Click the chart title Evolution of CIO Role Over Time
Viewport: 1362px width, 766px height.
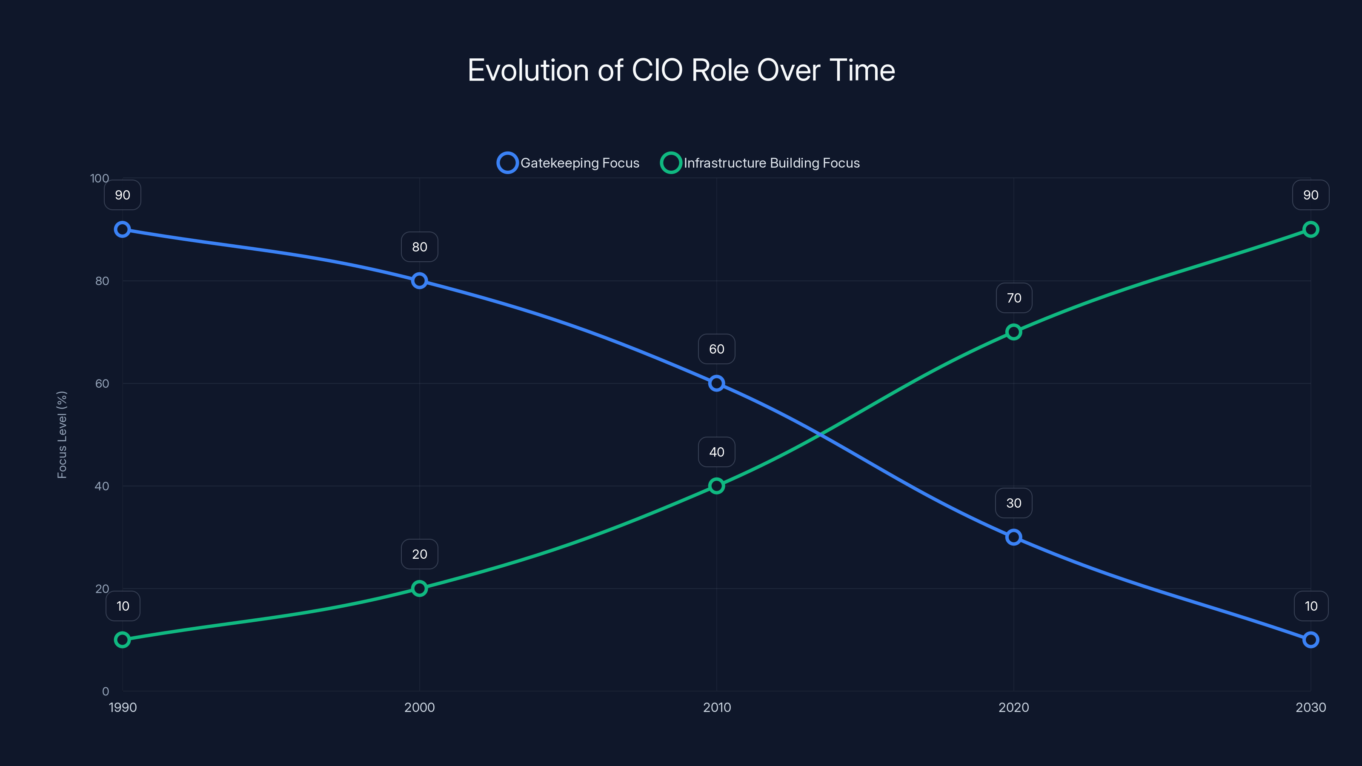pos(681,70)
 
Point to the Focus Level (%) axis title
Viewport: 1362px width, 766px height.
pos(63,434)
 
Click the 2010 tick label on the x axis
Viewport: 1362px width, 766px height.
pos(716,707)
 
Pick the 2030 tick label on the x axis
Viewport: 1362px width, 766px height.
pos(1310,707)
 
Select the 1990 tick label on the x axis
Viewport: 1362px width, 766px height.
pos(123,707)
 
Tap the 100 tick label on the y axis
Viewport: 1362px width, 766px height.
pos(100,178)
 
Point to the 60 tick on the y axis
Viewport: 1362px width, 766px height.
pos(102,383)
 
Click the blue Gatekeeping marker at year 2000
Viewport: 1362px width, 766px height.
pos(419,281)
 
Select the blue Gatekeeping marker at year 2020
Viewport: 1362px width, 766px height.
pos(1013,537)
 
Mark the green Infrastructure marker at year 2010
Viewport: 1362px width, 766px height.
pos(716,486)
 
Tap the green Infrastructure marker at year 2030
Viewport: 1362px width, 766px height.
pos(1310,229)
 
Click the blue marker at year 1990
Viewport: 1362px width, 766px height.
pos(123,229)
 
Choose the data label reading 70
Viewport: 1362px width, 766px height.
pos(1013,298)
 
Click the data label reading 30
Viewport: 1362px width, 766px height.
pos(1013,503)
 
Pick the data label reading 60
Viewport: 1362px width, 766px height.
pos(716,349)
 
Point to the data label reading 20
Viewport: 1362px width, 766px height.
pos(419,554)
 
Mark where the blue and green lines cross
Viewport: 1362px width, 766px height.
pos(819,434)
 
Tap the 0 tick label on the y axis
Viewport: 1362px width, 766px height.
pos(105,691)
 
